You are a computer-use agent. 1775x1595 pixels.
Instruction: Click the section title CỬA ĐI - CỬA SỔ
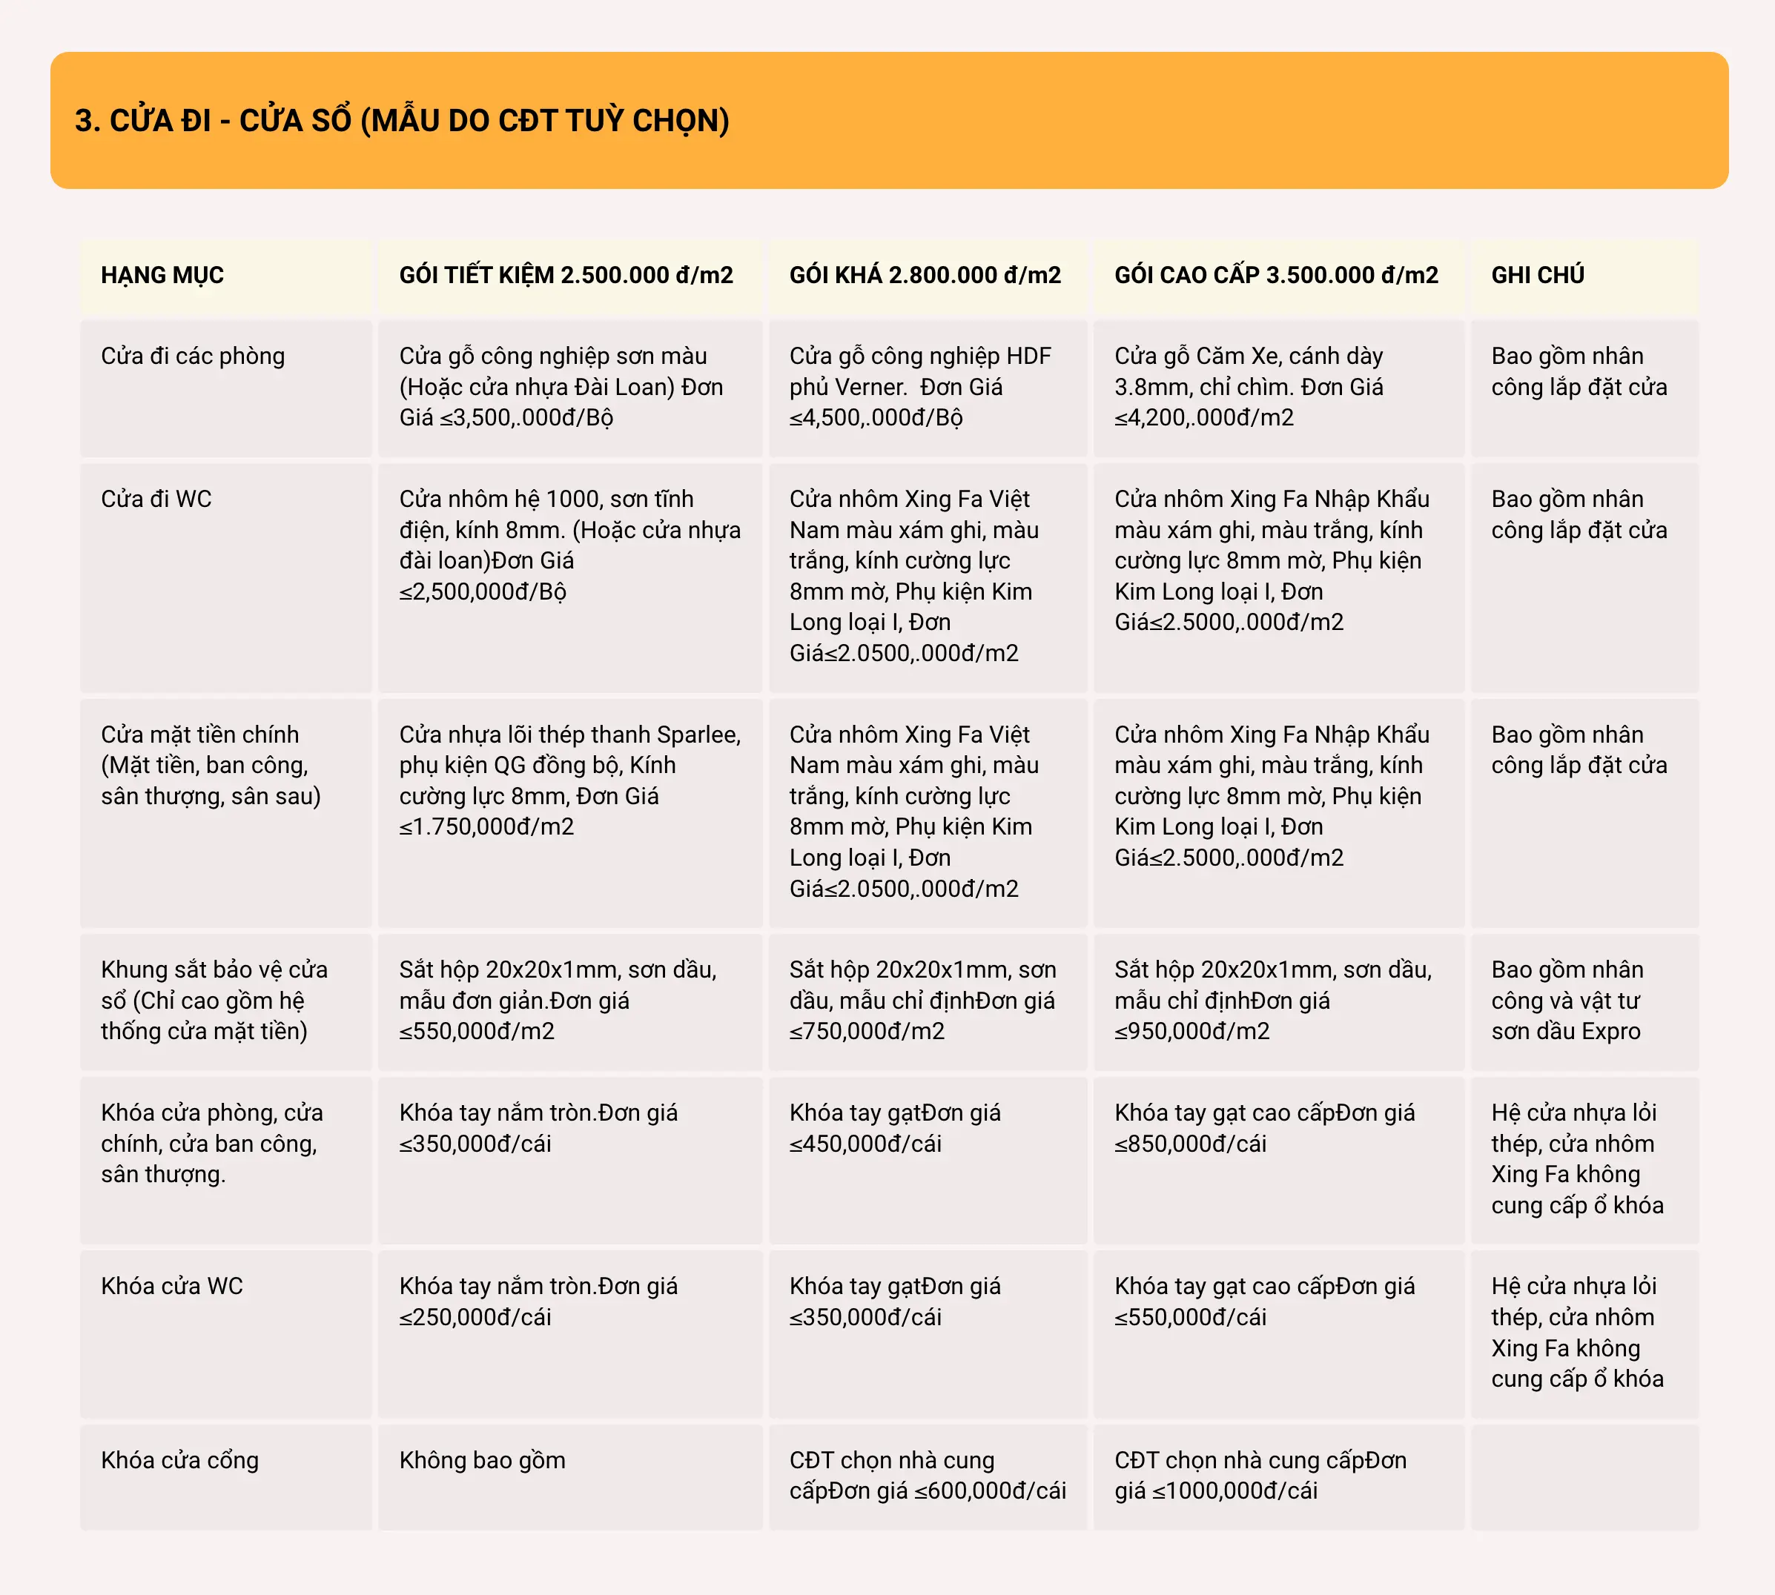(x=401, y=121)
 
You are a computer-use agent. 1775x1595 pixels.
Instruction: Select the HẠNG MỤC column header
(x=162, y=275)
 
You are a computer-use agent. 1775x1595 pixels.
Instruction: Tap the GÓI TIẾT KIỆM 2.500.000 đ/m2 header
(x=566, y=275)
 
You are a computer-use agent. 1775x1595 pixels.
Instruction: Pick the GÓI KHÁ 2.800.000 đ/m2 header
(x=925, y=275)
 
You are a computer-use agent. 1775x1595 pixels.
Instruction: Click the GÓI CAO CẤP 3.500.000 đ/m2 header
(x=1275, y=275)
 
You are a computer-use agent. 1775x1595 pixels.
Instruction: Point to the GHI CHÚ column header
(x=1538, y=275)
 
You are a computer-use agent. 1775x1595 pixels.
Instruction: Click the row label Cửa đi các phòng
(x=193, y=356)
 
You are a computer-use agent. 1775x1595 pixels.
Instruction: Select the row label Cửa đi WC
(x=156, y=499)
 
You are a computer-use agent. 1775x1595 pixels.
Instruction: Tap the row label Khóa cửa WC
(x=172, y=1286)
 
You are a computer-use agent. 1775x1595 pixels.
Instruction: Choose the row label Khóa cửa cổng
(x=179, y=1460)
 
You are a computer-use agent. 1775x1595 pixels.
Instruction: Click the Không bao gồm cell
(x=482, y=1460)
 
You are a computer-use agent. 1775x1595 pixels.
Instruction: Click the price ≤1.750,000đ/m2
(x=486, y=826)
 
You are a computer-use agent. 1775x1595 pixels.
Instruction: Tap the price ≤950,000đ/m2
(x=1191, y=1032)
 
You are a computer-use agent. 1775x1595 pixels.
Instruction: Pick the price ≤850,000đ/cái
(x=1189, y=1144)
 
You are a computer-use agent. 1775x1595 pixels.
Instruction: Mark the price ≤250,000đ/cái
(x=475, y=1317)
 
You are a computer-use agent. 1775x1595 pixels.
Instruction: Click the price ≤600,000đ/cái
(x=990, y=1490)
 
